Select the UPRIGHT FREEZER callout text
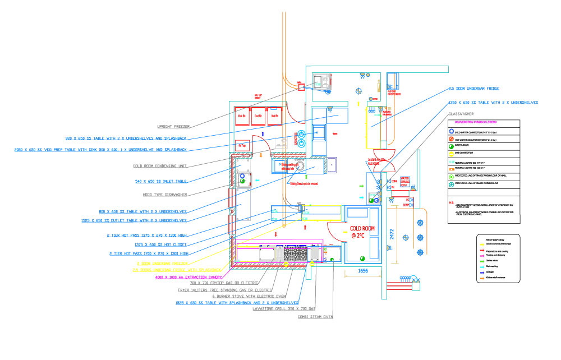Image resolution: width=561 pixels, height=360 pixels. pyautogui.click(x=174, y=127)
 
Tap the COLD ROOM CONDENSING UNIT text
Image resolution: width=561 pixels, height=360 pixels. pyautogui.click(x=160, y=166)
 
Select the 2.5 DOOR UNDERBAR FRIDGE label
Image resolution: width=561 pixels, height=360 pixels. pyautogui.click(x=473, y=89)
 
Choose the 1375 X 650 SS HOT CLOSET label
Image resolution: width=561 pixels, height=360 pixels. pyautogui.click(x=162, y=244)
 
